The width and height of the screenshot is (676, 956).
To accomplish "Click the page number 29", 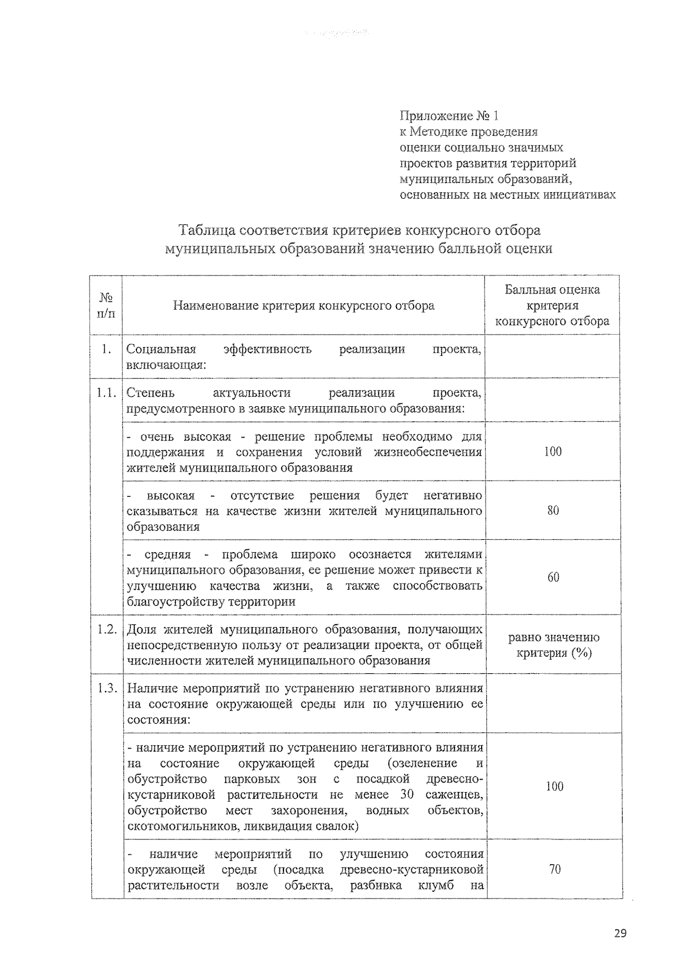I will click(620, 933).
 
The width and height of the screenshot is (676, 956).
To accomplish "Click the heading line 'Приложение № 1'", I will click(448, 116).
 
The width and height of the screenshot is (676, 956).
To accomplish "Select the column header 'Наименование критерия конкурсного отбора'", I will click(304, 306).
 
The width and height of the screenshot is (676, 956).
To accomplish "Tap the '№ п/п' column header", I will click(106, 305).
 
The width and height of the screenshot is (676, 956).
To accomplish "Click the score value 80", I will click(553, 510).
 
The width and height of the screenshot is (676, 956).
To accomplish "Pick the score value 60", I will click(553, 577).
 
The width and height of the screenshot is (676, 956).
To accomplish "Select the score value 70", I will click(554, 869).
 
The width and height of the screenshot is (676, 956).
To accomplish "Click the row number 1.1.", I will click(106, 393).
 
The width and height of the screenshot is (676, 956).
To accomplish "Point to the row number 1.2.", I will click(106, 629).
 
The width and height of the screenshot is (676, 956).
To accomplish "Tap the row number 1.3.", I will click(106, 688).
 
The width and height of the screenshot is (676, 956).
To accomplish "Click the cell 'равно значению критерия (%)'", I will click(553, 645).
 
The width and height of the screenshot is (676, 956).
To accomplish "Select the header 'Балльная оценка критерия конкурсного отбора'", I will click(552, 305).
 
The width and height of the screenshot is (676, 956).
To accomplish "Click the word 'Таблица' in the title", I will click(207, 230).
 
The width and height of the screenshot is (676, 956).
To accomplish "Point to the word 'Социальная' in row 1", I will click(161, 349).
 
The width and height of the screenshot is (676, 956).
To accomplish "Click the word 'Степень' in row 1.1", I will click(150, 393).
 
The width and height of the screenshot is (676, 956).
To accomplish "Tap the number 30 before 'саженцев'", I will click(407, 795).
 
